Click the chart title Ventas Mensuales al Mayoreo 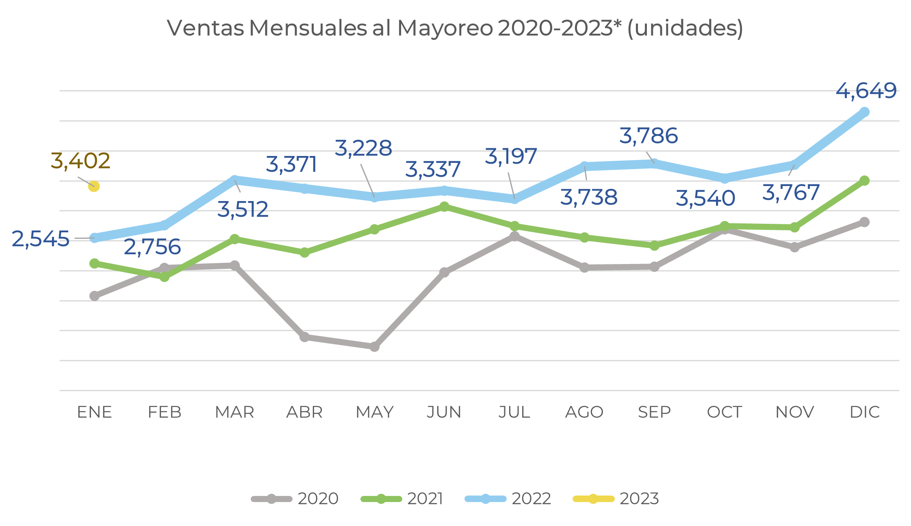pyautogui.click(x=455, y=28)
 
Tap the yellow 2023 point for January pyautogui.click(x=94, y=186)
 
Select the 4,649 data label pyautogui.click(x=866, y=91)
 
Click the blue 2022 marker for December pyautogui.click(x=865, y=112)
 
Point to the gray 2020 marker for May pyautogui.click(x=375, y=347)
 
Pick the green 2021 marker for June pyautogui.click(x=445, y=206)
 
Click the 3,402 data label pyautogui.click(x=80, y=161)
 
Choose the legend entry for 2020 pyautogui.click(x=295, y=499)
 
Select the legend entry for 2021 pyautogui.click(x=402, y=499)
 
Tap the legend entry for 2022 pyautogui.click(x=508, y=499)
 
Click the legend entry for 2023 pyautogui.click(x=616, y=499)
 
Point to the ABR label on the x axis pyautogui.click(x=304, y=412)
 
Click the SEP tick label pyautogui.click(x=654, y=412)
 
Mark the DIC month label pyautogui.click(x=865, y=412)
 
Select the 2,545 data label pyautogui.click(x=41, y=239)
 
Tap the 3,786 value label pyautogui.click(x=649, y=136)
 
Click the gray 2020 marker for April pyautogui.click(x=304, y=337)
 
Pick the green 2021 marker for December pyautogui.click(x=865, y=181)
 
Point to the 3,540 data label pyautogui.click(x=705, y=199)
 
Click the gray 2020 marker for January pyautogui.click(x=94, y=296)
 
